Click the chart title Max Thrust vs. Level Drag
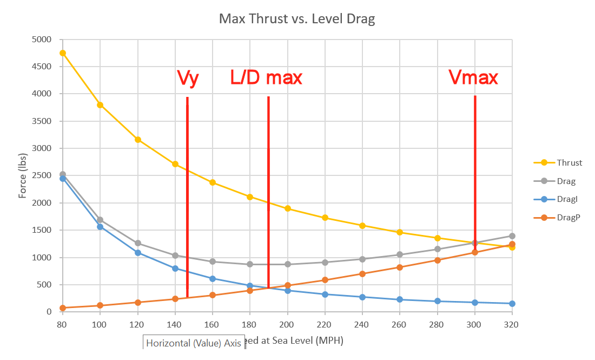(x=297, y=19)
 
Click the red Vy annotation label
(x=188, y=78)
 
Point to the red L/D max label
(x=266, y=78)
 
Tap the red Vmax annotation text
(x=473, y=78)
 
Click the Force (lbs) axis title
(x=23, y=175)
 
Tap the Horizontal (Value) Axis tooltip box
(x=194, y=343)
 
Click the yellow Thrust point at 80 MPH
(x=63, y=53)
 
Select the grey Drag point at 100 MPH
(x=100, y=220)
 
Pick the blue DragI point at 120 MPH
(x=138, y=253)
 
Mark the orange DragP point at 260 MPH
(x=400, y=267)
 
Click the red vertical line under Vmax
(x=475, y=162)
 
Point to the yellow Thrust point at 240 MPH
(x=362, y=226)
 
